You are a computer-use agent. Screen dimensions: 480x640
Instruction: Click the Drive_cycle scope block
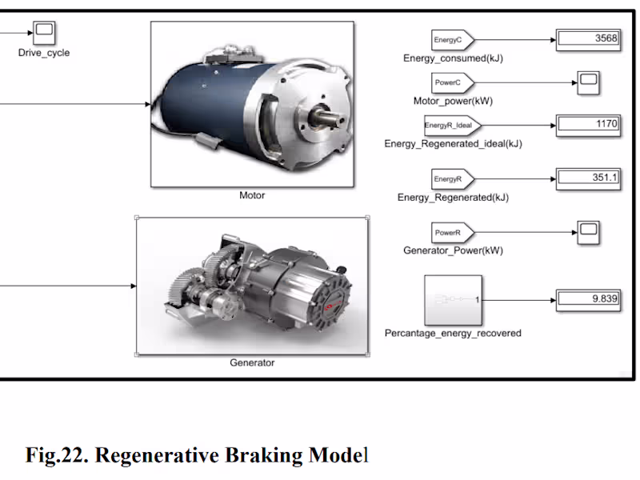pyautogui.click(x=44, y=33)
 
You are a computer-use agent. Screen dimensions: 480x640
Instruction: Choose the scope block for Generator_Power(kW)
pyautogui.click(x=588, y=232)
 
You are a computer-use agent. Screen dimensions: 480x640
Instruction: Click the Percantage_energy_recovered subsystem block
pyautogui.click(x=453, y=300)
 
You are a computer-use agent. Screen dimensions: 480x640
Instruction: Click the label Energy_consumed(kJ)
pyautogui.click(x=454, y=58)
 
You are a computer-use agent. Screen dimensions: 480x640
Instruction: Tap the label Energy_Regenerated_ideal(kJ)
pyautogui.click(x=453, y=144)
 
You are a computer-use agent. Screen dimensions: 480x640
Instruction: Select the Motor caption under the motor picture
pyautogui.click(x=252, y=195)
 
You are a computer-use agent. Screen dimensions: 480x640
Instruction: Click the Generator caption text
pyautogui.click(x=252, y=362)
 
